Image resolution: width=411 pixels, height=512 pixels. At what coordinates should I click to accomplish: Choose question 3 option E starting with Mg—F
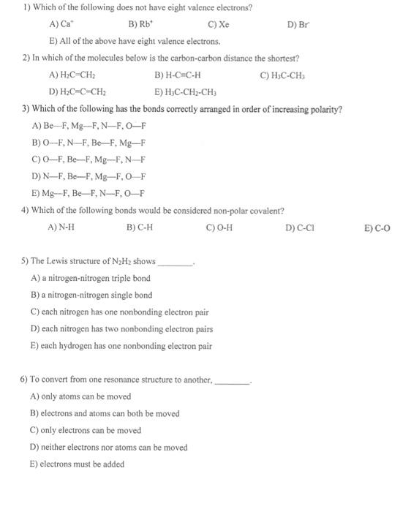coord(88,193)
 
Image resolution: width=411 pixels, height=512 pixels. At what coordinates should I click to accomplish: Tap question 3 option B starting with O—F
coord(88,143)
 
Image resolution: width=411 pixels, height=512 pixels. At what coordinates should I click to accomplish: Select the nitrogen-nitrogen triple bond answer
coord(91,278)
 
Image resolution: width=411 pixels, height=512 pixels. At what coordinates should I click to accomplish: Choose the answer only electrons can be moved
coord(86,430)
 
